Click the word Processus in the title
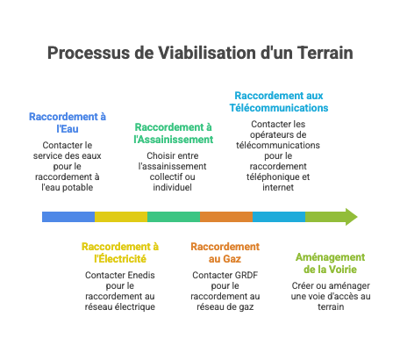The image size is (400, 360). coord(84,53)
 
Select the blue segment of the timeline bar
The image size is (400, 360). coord(68,217)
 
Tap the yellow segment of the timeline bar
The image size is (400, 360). coord(120,217)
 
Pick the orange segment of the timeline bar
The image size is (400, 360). coord(225,217)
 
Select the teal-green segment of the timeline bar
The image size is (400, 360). coord(173,217)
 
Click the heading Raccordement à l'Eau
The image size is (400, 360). coord(68,122)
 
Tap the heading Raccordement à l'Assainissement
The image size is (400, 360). coord(173,133)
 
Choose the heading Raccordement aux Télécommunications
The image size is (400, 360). coord(278,101)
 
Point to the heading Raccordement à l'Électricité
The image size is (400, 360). coord(120,253)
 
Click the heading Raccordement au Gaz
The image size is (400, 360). coord(225,253)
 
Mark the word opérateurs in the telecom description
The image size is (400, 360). coord(278,133)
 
